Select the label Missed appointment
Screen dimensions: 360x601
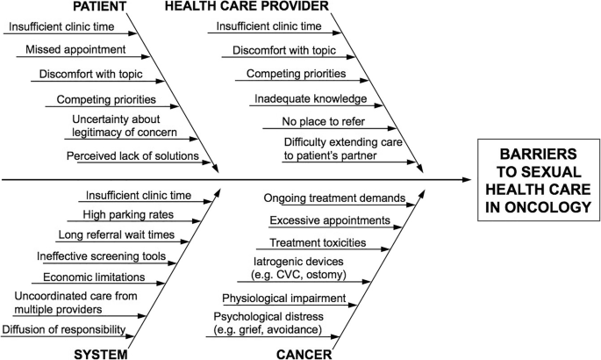[75, 49]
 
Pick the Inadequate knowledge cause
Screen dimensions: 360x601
[311, 97]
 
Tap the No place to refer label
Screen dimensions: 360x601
[323, 120]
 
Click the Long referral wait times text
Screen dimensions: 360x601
[116, 234]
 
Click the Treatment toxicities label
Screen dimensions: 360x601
[318, 241]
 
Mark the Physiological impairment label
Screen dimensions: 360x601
[283, 299]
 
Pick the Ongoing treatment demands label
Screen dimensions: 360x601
[334, 198]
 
